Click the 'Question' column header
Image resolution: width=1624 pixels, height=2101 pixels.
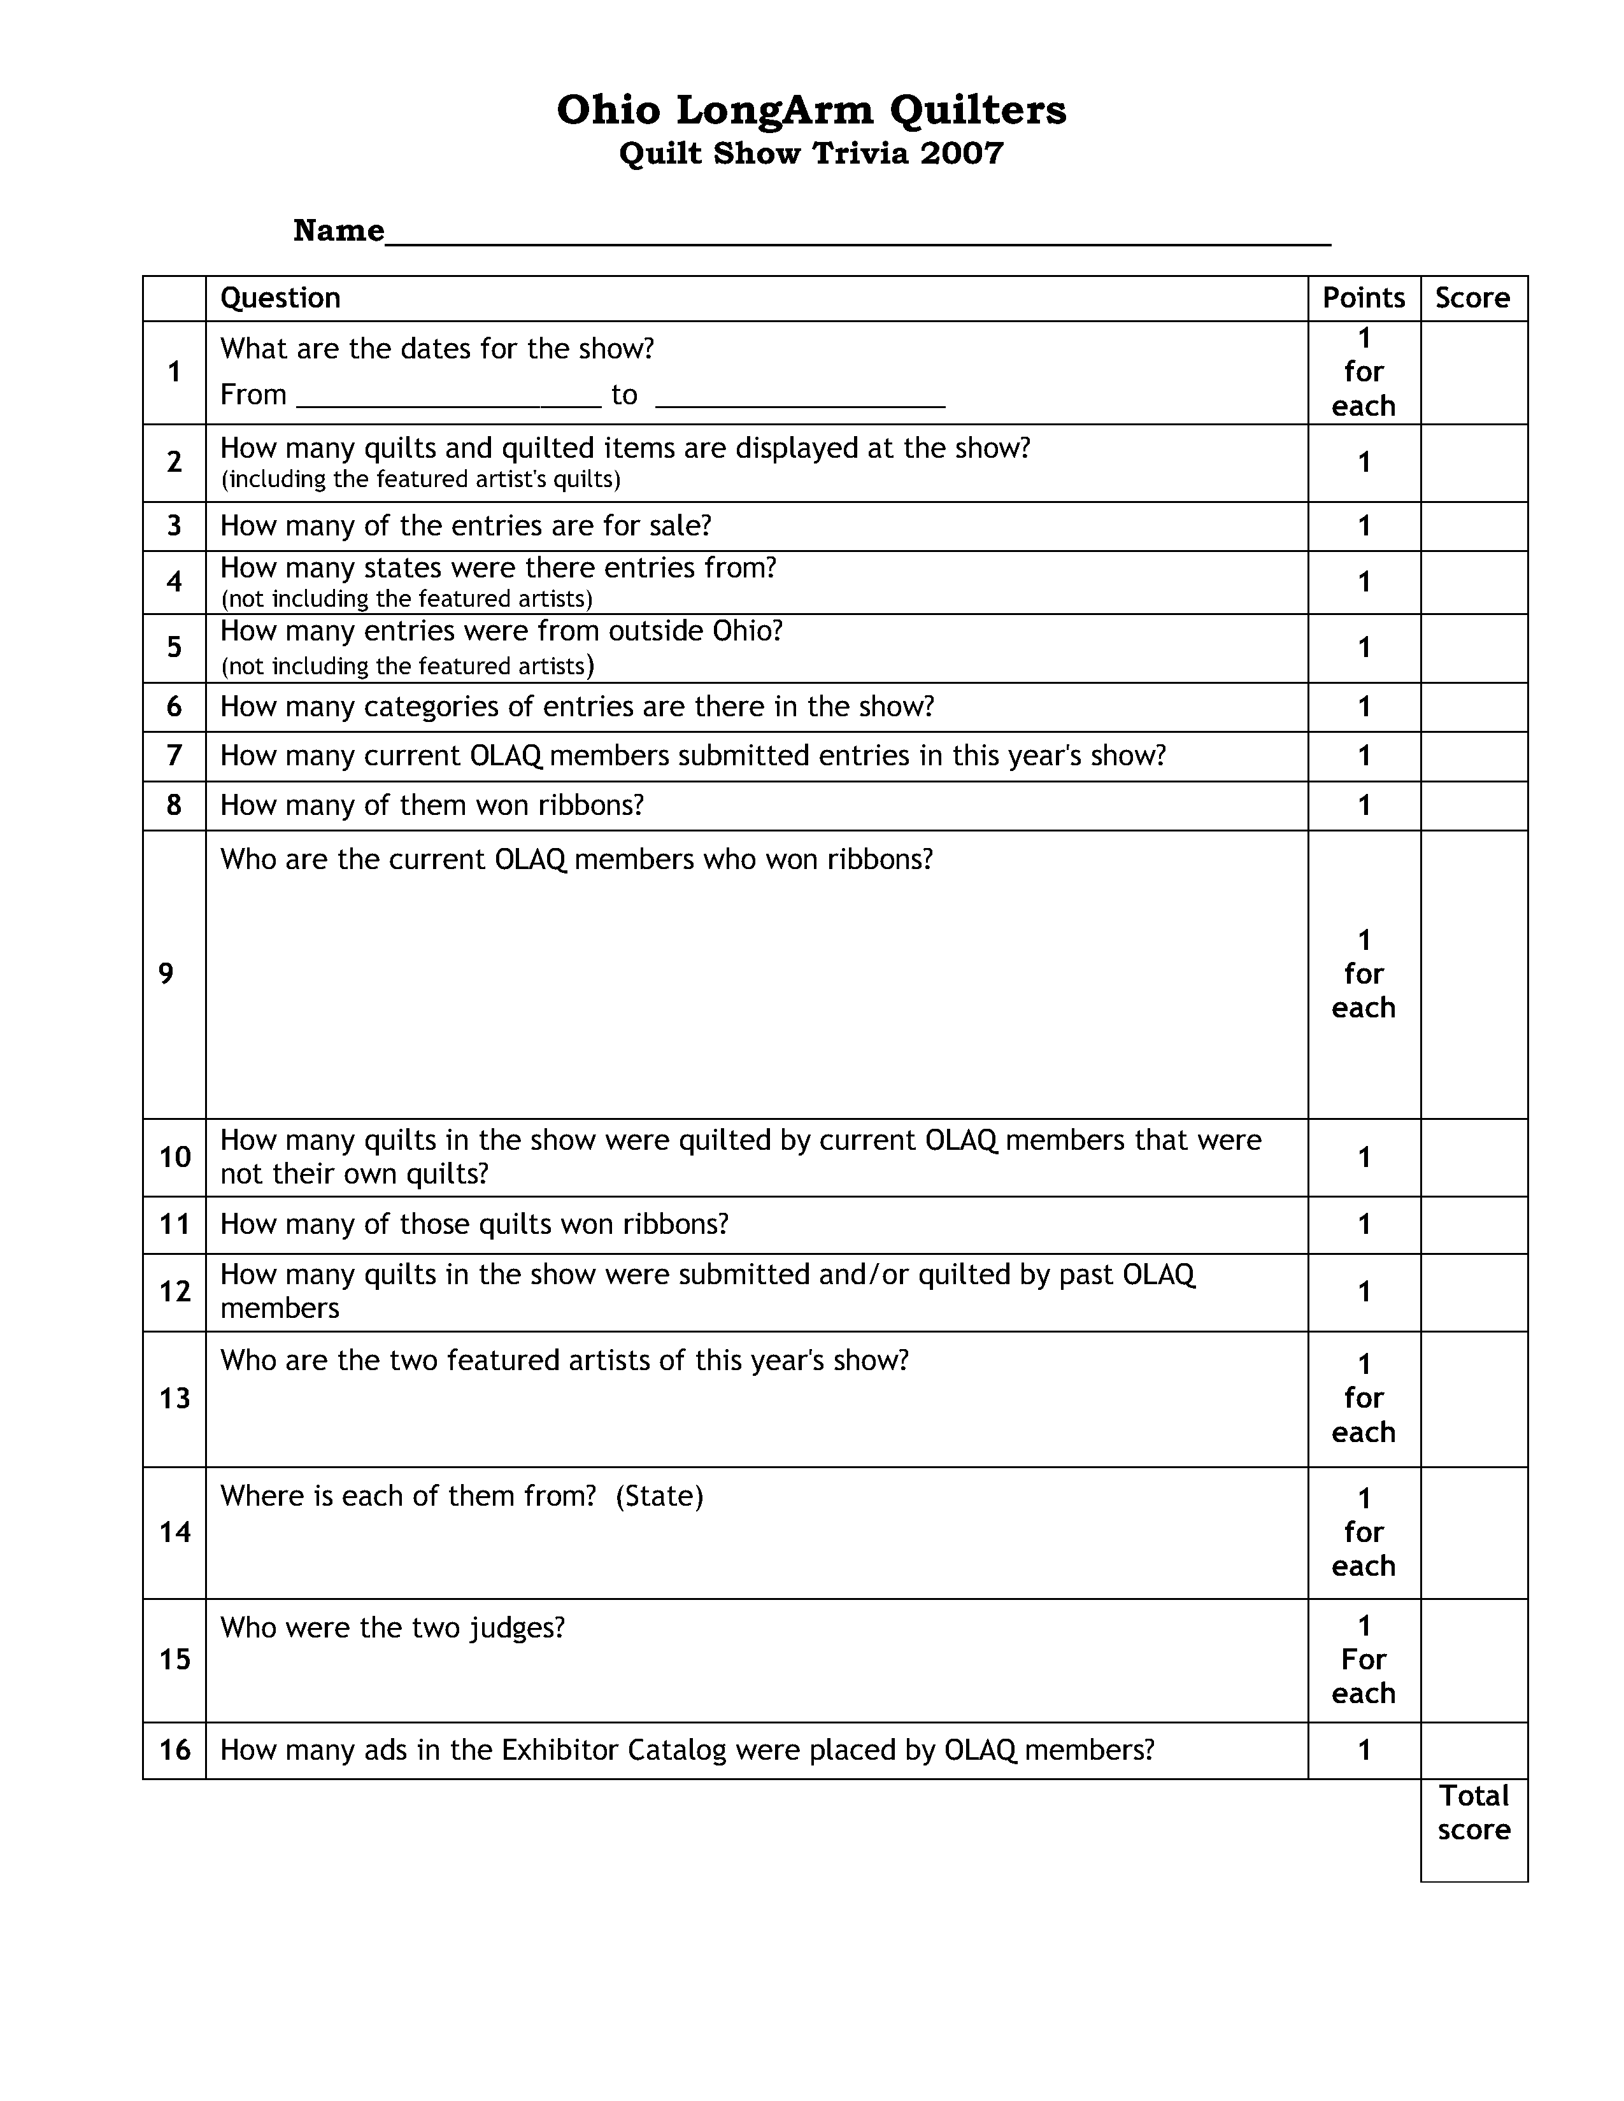tap(280, 298)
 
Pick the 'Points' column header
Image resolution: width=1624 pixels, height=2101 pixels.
tap(1364, 298)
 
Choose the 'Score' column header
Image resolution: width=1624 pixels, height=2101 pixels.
tap(1472, 298)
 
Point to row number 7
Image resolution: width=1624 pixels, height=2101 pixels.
tap(174, 756)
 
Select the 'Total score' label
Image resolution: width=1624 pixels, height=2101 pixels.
tap(1474, 1813)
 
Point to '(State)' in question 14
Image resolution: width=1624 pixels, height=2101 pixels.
tap(660, 1496)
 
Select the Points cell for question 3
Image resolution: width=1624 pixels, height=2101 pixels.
tap(1364, 527)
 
